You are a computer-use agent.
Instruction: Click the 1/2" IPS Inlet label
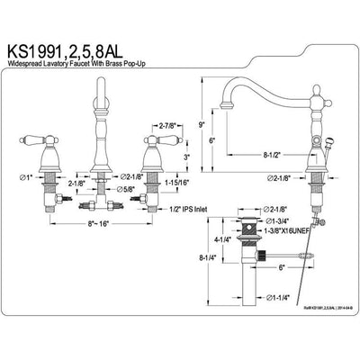[183, 209]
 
